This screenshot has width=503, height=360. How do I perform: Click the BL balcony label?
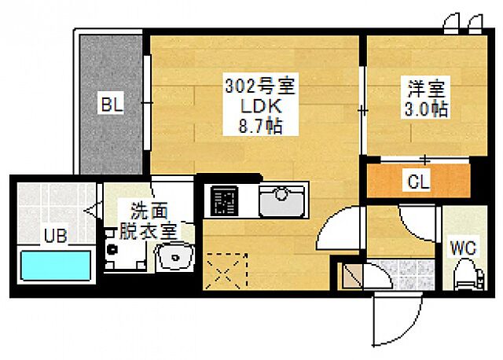click(x=111, y=104)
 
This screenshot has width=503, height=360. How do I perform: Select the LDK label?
click(x=254, y=105)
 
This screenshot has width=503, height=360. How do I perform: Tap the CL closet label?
click(x=417, y=182)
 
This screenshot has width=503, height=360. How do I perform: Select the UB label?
click(x=54, y=234)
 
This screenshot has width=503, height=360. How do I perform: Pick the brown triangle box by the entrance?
click(x=351, y=276)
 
